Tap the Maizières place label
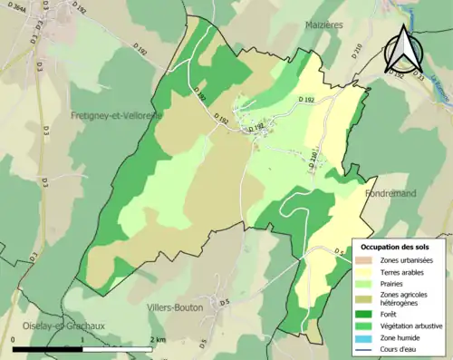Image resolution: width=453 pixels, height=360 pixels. point(323,25)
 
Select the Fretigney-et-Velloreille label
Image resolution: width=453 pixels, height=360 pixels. point(115,116)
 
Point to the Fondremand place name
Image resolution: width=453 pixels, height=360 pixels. point(390,193)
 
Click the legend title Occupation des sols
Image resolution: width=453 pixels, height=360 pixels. point(395,247)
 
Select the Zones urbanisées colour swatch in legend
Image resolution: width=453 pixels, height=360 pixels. point(367,261)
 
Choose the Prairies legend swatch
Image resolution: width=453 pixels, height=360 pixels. point(367,284)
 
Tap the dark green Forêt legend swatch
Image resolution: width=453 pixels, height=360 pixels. point(367,315)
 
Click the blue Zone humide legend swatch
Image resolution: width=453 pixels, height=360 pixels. point(367,337)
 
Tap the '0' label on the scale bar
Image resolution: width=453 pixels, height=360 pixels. point(14,339)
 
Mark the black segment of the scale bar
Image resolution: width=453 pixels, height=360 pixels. point(48,347)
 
